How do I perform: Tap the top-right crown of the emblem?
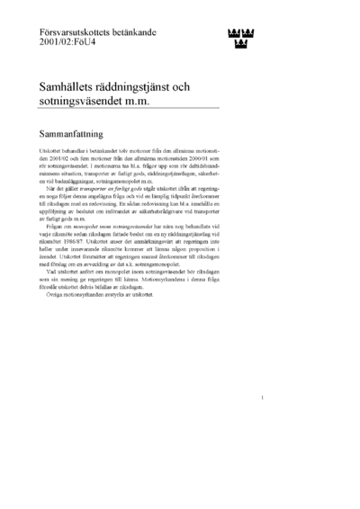point(249,32)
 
